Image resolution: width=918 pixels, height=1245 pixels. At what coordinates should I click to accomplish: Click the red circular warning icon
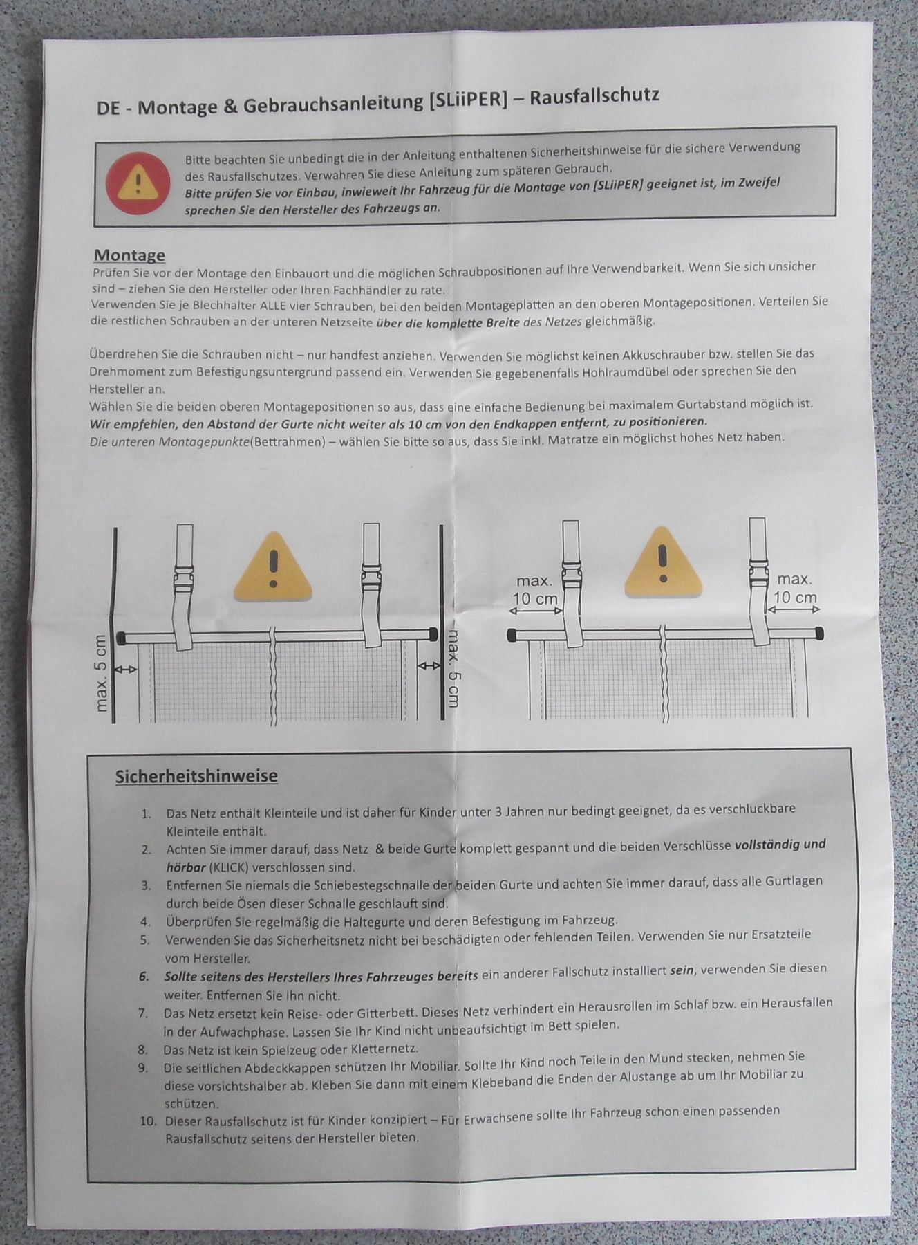138,183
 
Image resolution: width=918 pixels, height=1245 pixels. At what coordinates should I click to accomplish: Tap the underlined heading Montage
129,255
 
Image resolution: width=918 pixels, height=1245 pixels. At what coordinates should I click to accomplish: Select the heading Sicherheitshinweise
196,776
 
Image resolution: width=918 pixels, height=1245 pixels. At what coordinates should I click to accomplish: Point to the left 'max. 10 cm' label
534,589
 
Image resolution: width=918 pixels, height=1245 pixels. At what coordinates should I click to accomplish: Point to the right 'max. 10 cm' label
795,588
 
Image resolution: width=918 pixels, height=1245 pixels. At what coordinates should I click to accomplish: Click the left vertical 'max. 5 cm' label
101,673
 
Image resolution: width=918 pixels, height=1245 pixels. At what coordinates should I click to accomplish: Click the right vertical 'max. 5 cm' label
452,667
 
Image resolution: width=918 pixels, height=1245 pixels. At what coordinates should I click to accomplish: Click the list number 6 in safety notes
144,977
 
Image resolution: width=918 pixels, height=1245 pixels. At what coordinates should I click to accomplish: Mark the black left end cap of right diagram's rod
512,634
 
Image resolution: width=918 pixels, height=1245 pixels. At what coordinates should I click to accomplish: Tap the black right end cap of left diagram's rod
433,634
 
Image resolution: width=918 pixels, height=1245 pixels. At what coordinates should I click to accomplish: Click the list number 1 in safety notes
146,814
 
